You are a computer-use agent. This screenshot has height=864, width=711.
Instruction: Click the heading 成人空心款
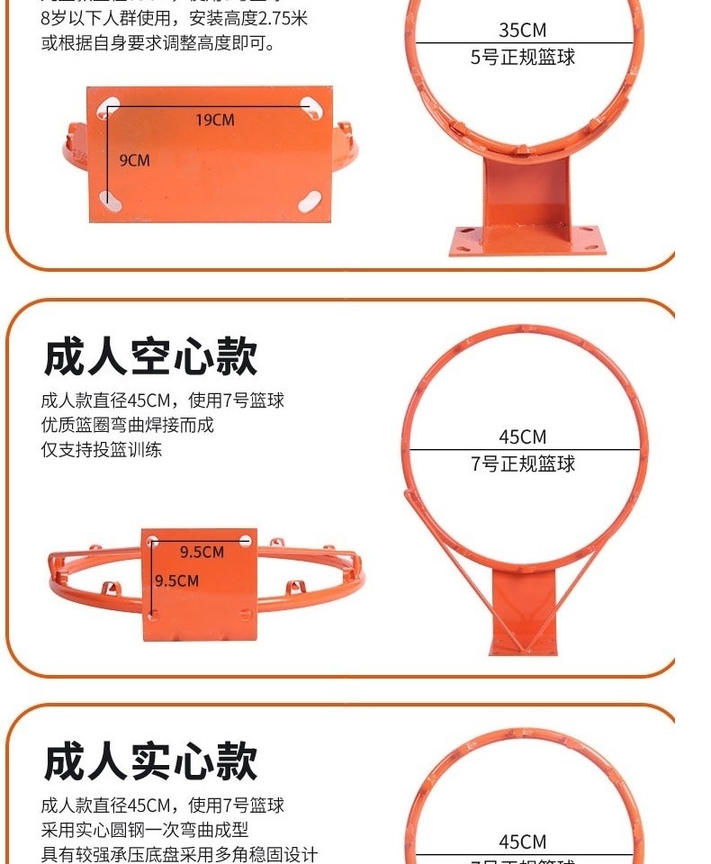(150, 357)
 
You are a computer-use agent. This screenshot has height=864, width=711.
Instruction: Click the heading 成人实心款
(150, 761)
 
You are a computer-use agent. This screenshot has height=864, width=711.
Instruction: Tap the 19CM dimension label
(215, 120)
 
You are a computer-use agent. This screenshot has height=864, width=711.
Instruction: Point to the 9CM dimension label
(135, 160)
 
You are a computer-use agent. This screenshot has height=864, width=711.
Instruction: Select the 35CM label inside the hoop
(522, 31)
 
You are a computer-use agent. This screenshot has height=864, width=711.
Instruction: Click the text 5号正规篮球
(522, 58)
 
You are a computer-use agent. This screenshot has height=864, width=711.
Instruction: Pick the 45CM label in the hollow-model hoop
(522, 437)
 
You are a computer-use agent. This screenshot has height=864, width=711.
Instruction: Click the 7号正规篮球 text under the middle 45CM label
(522, 464)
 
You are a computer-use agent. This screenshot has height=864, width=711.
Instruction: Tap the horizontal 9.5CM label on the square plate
(202, 552)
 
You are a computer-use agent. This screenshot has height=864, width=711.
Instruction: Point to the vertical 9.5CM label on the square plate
(176, 580)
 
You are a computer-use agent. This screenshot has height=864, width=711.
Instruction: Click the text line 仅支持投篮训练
(102, 450)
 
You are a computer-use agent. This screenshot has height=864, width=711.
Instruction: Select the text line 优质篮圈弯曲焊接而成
(128, 425)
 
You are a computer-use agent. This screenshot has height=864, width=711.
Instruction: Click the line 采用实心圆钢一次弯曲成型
(145, 830)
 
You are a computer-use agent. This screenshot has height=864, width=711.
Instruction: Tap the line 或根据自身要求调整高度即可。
(158, 43)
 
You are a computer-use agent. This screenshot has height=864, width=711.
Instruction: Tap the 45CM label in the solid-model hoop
(522, 842)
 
